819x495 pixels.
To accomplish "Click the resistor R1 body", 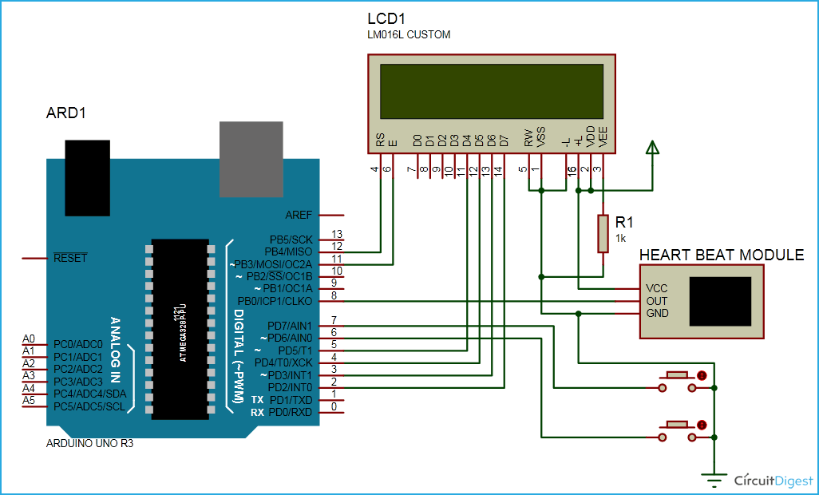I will [603, 233].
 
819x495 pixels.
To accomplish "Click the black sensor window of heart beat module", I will [721, 301].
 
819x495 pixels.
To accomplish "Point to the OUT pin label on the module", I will [657, 301].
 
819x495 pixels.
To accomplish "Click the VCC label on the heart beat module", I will [657, 288].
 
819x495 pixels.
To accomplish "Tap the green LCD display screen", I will [491, 90].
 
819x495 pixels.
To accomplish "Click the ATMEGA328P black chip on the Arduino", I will [180, 327].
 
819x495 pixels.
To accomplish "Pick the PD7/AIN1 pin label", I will [290, 325].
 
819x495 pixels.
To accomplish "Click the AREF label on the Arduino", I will [299, 215].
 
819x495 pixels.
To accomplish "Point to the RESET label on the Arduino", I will [70, 258].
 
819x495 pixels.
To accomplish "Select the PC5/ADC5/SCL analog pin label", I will [89, 406].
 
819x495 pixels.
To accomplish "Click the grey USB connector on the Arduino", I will [251, 159].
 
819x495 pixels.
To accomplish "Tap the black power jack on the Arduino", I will [88, 177].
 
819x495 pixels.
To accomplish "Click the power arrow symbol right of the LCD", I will [653, 148].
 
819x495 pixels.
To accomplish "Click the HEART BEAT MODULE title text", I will [722, 255].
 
